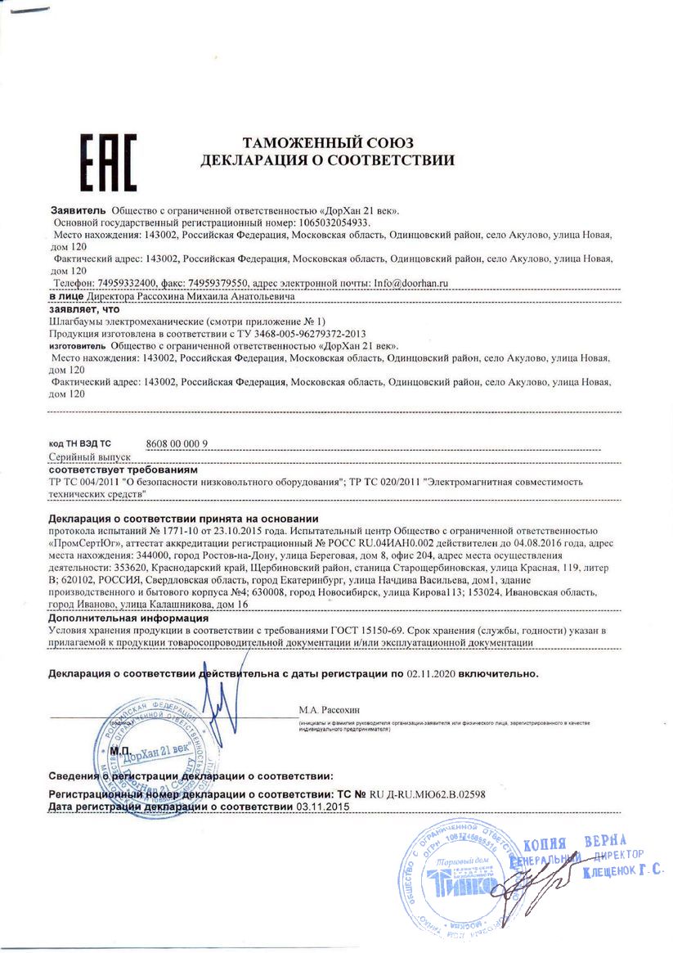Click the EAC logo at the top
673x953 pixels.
[107, 161]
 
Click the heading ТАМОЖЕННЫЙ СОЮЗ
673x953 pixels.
[325, 142]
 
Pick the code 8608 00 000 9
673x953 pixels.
[177, 443]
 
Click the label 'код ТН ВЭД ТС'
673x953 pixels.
[79, 443]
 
